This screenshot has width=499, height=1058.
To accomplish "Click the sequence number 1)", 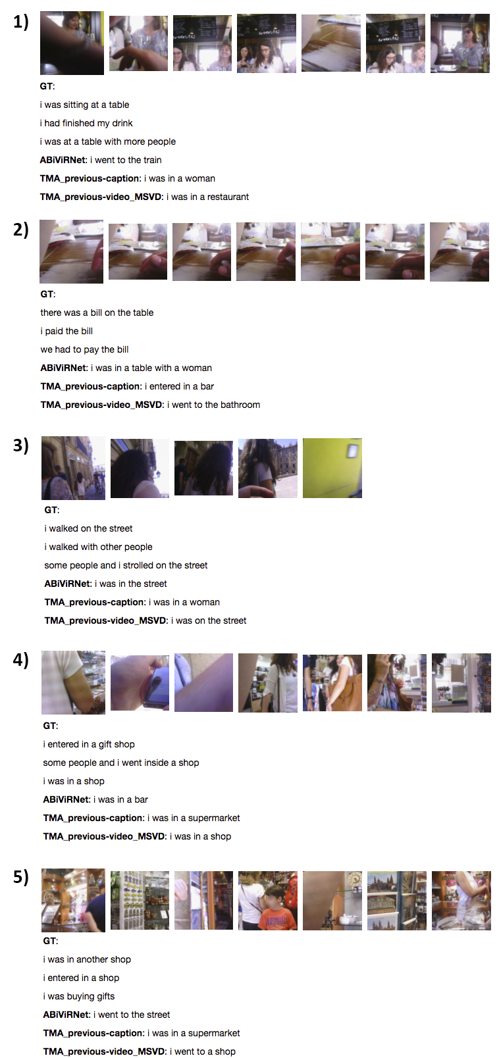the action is [x=21, y=22].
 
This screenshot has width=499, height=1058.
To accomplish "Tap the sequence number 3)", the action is [x=21, y=445].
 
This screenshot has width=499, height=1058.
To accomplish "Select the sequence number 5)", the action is [x=21, y=877].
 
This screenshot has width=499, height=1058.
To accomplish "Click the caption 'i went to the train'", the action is [x=126, y=160].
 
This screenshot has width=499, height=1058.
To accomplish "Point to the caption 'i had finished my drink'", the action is [x=86, y=123].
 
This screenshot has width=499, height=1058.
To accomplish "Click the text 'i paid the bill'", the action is [x=66, y=331].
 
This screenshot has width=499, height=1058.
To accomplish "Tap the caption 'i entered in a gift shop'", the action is [x=89, y=744].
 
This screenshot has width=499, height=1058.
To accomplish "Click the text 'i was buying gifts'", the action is [x=79, y=996].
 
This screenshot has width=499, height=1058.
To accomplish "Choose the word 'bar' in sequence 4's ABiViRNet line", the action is [x=141, y=799].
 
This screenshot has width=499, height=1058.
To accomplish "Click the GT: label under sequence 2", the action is [x=47, y=294].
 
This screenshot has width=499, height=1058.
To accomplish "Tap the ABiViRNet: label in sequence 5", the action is [x=66, y=1015].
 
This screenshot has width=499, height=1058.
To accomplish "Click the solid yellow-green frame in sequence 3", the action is [x=332, y=468].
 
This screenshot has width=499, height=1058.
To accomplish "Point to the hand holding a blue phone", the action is [x=140, y=682].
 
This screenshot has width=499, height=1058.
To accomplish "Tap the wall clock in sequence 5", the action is [x=354, y=880].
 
